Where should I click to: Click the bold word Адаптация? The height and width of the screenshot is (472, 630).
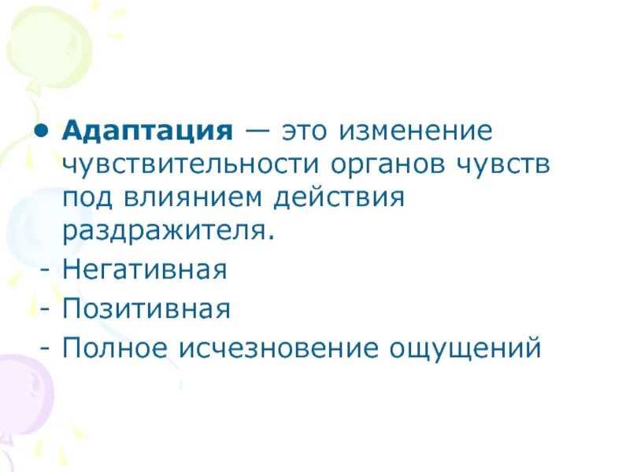pyautogui.click(x=147, y=130)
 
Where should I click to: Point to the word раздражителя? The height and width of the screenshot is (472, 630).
pyautogui.click(x=169, y=234)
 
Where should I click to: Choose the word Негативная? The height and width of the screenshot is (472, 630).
pyautogui.click(x=145, y=271)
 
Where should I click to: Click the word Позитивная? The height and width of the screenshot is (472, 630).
pyautogui.click(x=146, y=308)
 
